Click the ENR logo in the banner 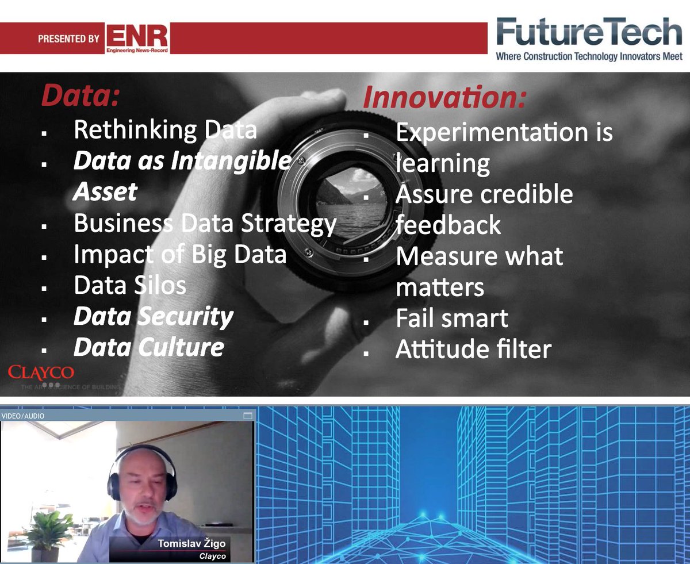[137, 39]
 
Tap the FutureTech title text [589, 32]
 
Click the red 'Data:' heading [80, 96]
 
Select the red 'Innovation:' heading [444, 98]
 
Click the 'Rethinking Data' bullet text [165, 130]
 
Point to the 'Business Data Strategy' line [205, 223]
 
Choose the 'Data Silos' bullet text [130, 285]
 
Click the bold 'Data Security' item [153, 316]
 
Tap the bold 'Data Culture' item [148, 347]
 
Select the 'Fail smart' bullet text [452, 319]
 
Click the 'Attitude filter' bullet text [473, 349]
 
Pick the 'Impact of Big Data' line [179, 254]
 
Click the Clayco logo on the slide [41, 373]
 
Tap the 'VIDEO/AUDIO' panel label [23, 416]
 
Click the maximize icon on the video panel [248, 416]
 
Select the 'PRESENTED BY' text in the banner [68, 39]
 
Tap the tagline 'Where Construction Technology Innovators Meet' [589, 56]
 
